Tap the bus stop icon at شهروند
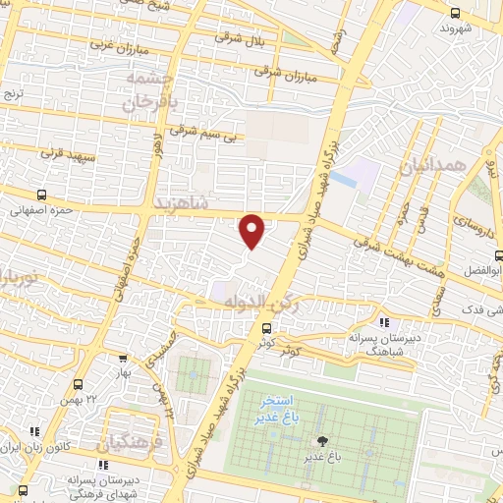454,13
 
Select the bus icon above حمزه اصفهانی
41,195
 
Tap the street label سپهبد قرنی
65,153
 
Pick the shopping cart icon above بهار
123,360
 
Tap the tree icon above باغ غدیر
319,442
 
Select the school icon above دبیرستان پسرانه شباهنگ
384,321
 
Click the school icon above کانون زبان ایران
36,431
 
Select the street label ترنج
12,94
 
